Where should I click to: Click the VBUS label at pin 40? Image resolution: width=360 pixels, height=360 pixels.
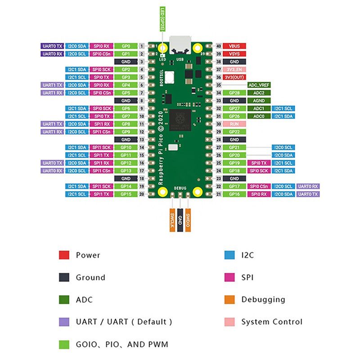pos(234,46)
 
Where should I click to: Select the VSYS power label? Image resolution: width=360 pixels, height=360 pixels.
pos(234,54)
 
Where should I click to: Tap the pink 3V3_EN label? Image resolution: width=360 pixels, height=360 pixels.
pos(234,69)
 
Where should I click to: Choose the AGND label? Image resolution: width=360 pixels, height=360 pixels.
pos(259,101)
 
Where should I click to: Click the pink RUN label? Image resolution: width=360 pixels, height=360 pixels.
pos(234,124)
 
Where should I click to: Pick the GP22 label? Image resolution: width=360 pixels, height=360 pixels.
pos(234,131)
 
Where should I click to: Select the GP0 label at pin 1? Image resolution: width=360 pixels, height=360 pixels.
pos(126,46)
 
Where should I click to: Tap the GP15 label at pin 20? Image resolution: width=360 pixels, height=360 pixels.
pos(126,194)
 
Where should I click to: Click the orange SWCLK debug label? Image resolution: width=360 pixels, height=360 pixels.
pos(172,220)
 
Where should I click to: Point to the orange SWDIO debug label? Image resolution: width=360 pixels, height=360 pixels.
pos(188,220)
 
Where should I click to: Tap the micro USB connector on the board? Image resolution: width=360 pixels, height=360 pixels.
pos(180,42)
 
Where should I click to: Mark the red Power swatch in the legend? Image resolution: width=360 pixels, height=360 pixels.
pos(64,255)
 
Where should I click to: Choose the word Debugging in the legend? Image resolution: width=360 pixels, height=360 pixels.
pos(263,299)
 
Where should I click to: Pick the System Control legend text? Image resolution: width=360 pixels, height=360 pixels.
pos(272,322)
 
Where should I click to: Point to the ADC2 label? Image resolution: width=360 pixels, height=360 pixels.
pos(259,93)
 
